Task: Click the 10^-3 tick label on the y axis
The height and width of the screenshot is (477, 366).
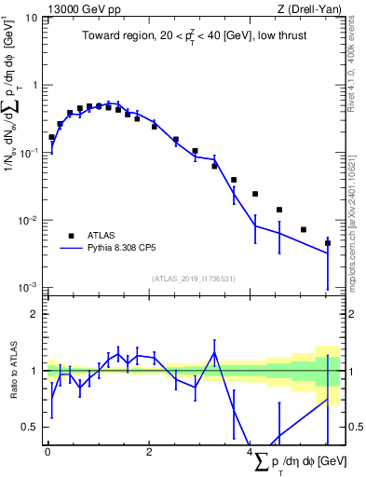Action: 27,287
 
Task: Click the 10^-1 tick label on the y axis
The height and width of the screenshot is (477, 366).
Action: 27,153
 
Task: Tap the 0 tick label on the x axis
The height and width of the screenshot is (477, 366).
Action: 47,452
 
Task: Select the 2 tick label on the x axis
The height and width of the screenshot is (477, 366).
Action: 148,452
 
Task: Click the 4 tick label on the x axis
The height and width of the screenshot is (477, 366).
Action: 250,452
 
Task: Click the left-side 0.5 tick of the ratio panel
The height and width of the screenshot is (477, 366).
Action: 33,427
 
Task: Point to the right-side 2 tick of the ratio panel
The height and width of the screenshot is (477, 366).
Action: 351,314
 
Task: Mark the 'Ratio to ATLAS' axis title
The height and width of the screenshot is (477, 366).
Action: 12,371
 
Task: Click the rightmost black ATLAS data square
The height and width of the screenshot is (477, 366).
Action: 328,243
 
